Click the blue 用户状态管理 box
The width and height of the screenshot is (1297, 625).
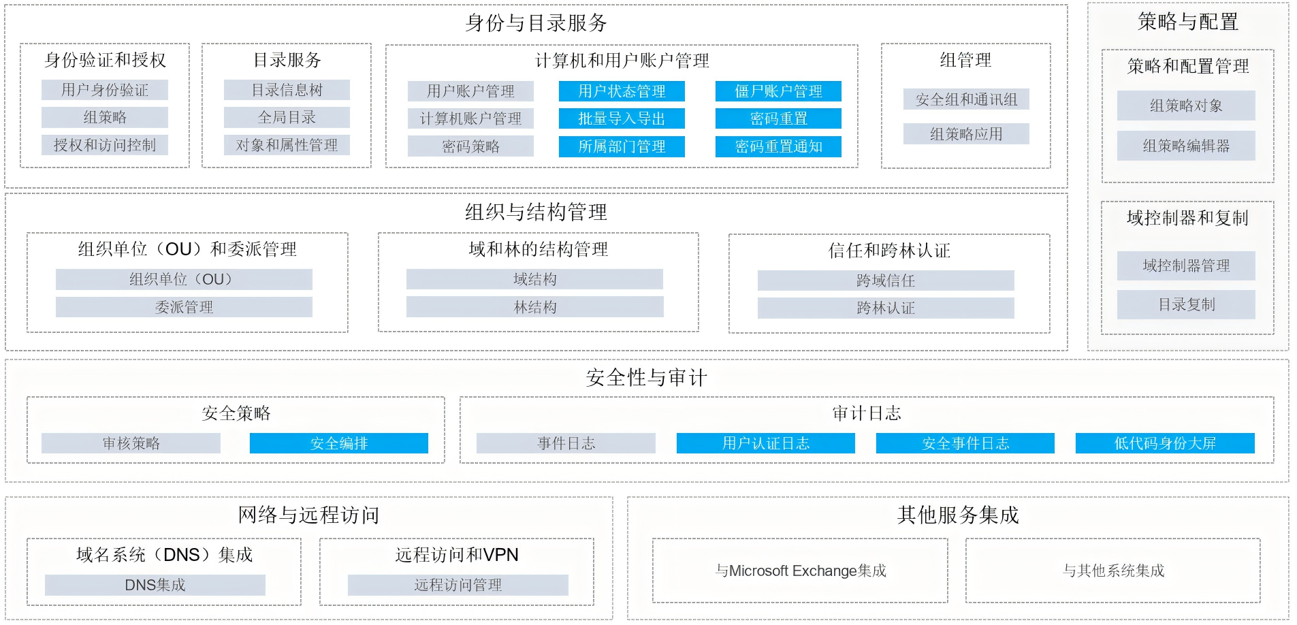622,91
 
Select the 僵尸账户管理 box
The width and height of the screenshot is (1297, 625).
778,91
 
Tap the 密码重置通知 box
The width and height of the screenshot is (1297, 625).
778,146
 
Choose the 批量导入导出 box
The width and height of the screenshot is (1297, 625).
622,118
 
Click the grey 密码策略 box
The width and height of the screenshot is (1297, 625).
470,146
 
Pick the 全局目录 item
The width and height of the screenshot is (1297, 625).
287,117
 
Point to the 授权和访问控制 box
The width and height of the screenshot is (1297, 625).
105,145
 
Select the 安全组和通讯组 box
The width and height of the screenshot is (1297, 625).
966,99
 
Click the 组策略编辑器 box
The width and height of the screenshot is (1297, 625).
1186,146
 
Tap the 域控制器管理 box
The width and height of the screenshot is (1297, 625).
1186,266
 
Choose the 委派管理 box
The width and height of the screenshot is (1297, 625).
184,307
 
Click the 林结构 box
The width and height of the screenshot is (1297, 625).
535,307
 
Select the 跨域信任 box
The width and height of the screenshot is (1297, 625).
886,281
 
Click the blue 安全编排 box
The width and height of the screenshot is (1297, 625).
339,443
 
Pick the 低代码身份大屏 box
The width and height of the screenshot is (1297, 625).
1165,443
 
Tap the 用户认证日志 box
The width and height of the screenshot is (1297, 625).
766,443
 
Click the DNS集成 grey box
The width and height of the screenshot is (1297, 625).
155,585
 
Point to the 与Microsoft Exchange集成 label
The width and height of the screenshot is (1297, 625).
801,571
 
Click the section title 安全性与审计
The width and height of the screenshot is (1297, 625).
646,377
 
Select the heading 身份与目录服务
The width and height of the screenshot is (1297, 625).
536,23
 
